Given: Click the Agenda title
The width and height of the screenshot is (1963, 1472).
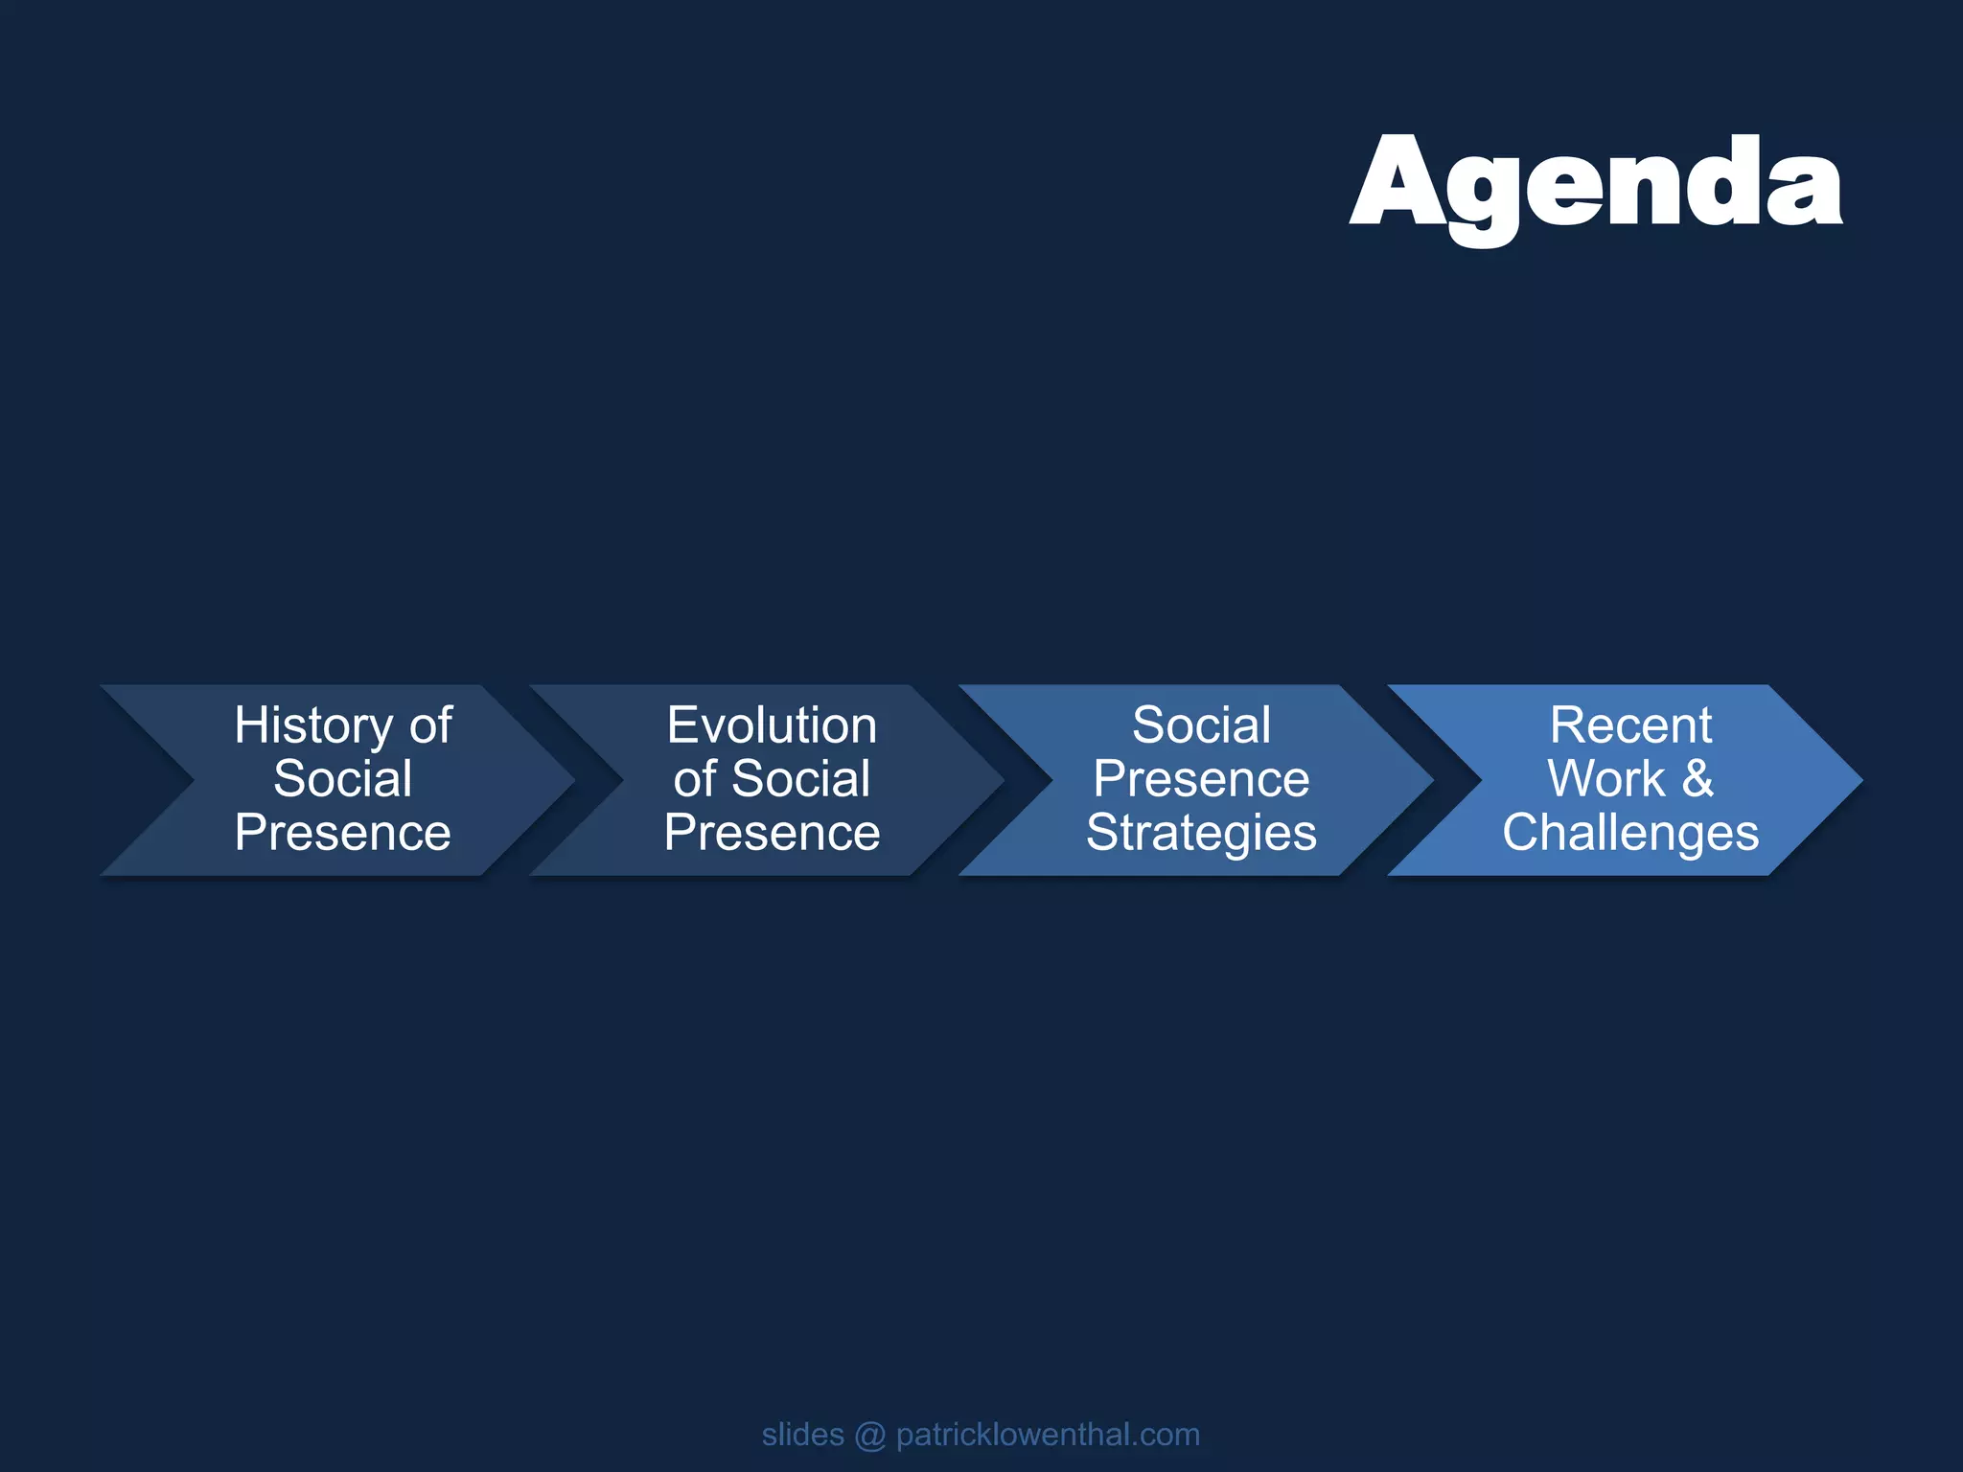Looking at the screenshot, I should pos(1595,183).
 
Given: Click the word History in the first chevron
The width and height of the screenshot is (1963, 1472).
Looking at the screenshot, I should pos(313,725).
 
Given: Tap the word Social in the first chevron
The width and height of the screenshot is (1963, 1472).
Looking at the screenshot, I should pos(343,778).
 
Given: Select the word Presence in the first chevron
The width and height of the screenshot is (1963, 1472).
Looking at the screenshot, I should pos(343,832).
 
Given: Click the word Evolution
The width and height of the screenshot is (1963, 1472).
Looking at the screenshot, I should pos(772,725).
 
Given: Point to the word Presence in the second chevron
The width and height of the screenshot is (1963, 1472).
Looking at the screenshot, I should pos(772,832).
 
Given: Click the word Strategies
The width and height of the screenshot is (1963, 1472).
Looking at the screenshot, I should pos(1201,832).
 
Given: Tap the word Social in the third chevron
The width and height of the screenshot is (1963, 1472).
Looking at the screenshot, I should pos(1201,725).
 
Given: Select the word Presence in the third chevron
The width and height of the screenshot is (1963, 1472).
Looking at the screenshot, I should pos(1201,778).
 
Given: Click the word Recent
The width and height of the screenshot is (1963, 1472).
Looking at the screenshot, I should pos(1630,725).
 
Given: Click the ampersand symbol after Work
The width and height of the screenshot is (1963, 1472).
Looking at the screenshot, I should pos(1697,778).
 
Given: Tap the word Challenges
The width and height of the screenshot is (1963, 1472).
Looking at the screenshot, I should pos(1630,832).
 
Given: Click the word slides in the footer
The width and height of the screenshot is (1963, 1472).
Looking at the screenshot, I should pos(802,1435).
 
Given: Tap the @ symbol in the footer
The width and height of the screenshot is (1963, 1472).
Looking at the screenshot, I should pos(870,1436).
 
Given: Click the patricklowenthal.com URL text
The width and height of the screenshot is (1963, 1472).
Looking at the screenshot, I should pos(1048,1435).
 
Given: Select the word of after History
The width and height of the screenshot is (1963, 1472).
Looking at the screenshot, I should pos(430,725).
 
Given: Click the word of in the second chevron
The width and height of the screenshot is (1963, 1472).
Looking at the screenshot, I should pos(694,778).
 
